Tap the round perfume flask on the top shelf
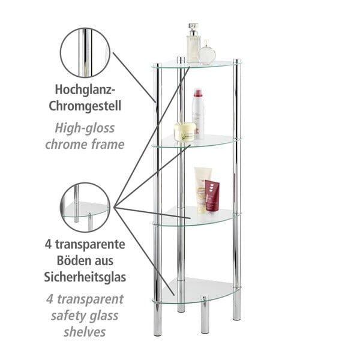coord(207,54)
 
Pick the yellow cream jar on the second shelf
coord(185,131)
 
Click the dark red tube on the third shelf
coord(212,196)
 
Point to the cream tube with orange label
coord(201,190)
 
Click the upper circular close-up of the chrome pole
coord(85,52)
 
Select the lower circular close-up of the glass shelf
coord(85,207)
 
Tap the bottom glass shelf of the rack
coord(198,291)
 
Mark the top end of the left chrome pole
coord(157,66)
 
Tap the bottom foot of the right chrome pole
coord(236,312)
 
